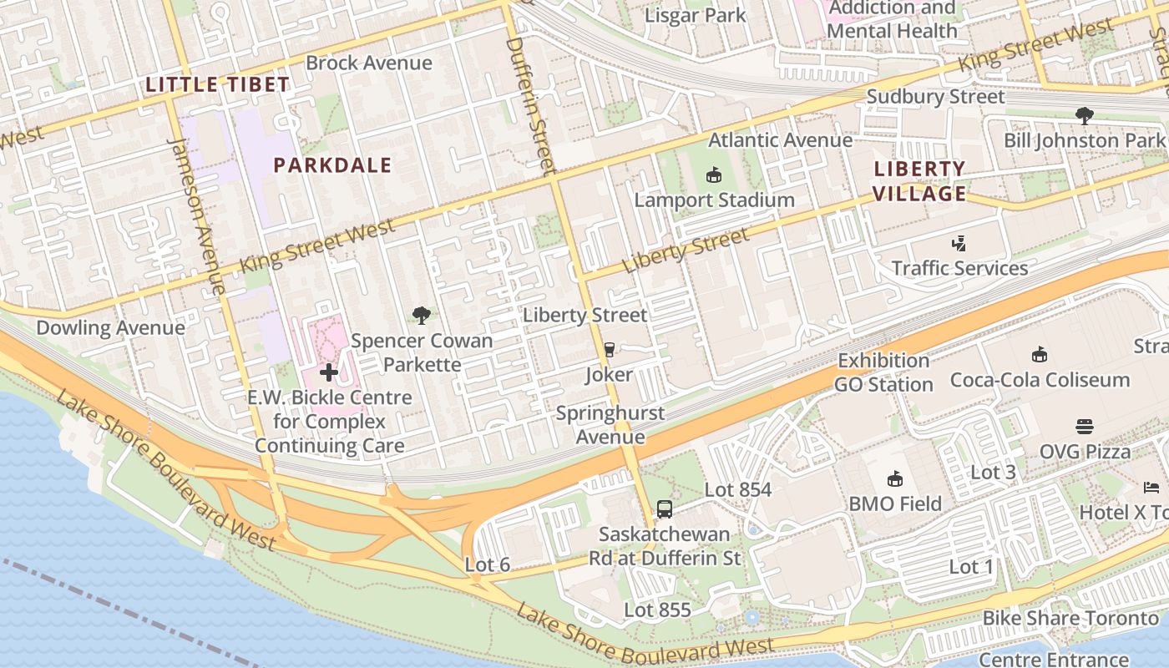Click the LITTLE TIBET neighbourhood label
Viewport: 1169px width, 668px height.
tap(217, 84)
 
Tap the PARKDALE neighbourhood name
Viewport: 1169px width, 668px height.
tap(332, 165)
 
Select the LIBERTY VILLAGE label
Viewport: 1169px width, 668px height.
tap(919, 181)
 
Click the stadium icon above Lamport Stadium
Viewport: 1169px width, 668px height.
tap(713, 175)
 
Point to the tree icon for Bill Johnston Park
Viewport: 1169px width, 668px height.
tap(1084, 115)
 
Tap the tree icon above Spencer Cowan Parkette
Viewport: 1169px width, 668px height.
tap(422, 316)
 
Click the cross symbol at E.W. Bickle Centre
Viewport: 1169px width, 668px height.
tap(329, 372)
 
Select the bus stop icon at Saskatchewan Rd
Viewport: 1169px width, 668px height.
tap(665, 509)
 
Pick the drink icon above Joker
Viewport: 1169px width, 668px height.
tap(609, 350)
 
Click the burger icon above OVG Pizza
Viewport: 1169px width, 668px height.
tap(1085, 427)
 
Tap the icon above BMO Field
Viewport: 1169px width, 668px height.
tap(895, 478)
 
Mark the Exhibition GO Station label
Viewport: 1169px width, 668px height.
tap(883, 372)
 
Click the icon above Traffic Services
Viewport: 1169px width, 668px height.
tap(959, 244)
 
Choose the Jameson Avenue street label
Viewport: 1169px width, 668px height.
tap(197, 215)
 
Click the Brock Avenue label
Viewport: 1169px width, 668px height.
tap(368, 63)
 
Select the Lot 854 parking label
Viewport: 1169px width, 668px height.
tap(738, 490)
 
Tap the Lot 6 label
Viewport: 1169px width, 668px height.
tap(487, 565)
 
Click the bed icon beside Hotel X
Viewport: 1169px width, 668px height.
tap(1151, 487)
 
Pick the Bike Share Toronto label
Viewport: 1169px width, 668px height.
tap(1070, 619)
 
